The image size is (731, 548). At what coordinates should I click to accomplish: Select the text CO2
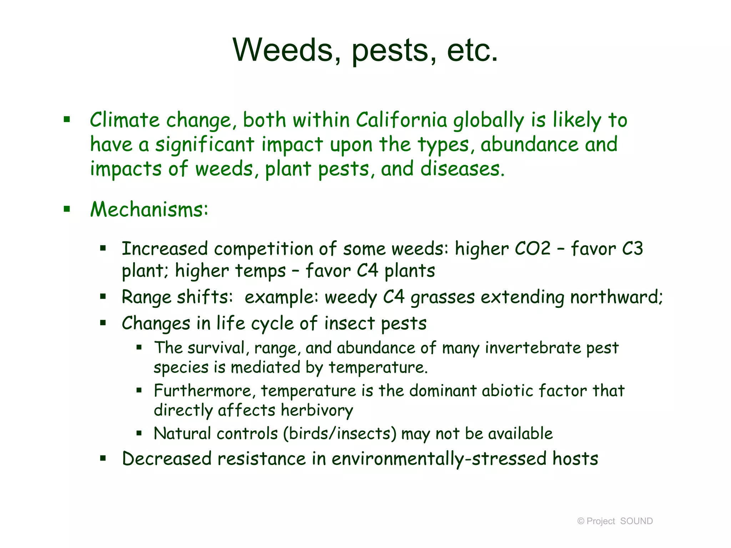[x=533, y=249]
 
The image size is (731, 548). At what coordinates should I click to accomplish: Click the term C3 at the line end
[x=632, y=249]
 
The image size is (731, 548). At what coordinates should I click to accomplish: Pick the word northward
[x=616, y=297]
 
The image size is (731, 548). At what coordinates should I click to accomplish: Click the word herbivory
[x=317, y=410]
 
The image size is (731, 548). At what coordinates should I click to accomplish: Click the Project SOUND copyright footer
[x=615, y=521]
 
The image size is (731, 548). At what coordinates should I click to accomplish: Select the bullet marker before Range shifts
[x=103, y=296]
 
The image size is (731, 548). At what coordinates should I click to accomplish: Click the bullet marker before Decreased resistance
[x=103, y=458]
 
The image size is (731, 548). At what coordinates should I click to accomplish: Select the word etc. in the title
[x=472, y=50]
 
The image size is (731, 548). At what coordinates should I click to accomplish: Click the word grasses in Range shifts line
[x=443, y=297]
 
